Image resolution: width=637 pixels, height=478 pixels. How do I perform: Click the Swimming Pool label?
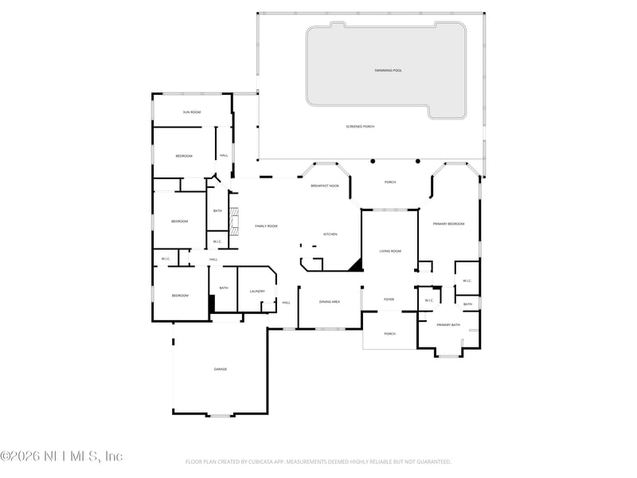(389, 71)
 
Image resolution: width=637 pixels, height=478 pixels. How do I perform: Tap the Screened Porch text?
(360, 127)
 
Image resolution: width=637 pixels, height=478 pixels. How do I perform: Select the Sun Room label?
(191, 112)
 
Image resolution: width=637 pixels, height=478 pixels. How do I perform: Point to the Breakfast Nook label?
(324, 185)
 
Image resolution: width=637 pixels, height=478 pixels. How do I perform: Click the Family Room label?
(266, 226)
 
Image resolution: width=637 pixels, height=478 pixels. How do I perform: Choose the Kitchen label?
(330, 234)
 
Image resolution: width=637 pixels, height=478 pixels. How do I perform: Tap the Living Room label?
(389, 251)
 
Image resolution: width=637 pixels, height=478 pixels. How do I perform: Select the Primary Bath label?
(448, 325)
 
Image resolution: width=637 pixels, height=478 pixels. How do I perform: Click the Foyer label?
(389, 300)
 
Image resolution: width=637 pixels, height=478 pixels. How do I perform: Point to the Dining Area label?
(330, 302)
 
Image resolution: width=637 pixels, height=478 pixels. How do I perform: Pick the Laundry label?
(256, 291)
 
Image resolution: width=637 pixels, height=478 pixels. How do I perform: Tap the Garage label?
(220, 370)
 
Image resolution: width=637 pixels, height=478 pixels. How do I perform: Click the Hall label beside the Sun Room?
(224, 155)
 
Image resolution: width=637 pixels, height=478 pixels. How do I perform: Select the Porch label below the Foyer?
(389, 334)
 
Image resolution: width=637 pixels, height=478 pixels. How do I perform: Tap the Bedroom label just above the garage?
(180, 296)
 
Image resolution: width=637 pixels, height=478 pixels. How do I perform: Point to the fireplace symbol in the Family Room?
(234, 221)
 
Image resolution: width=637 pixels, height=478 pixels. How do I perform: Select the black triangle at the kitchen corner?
(358, 266)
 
